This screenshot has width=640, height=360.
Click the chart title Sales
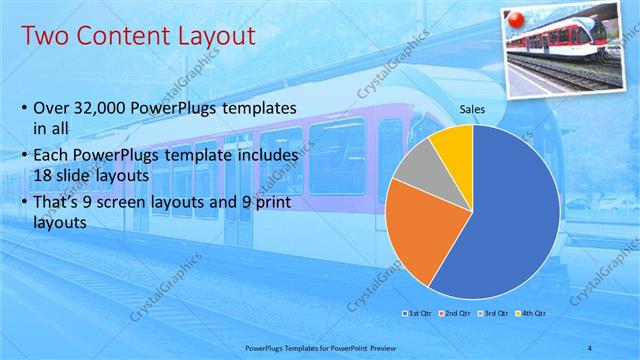tap(472, 108)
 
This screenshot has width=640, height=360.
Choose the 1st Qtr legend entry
tap(416, 314)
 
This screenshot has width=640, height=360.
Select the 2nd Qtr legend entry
tap(454, 314)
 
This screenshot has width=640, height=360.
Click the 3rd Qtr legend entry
tap(492, 314)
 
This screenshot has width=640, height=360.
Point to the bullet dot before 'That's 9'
tap(23, 205)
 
